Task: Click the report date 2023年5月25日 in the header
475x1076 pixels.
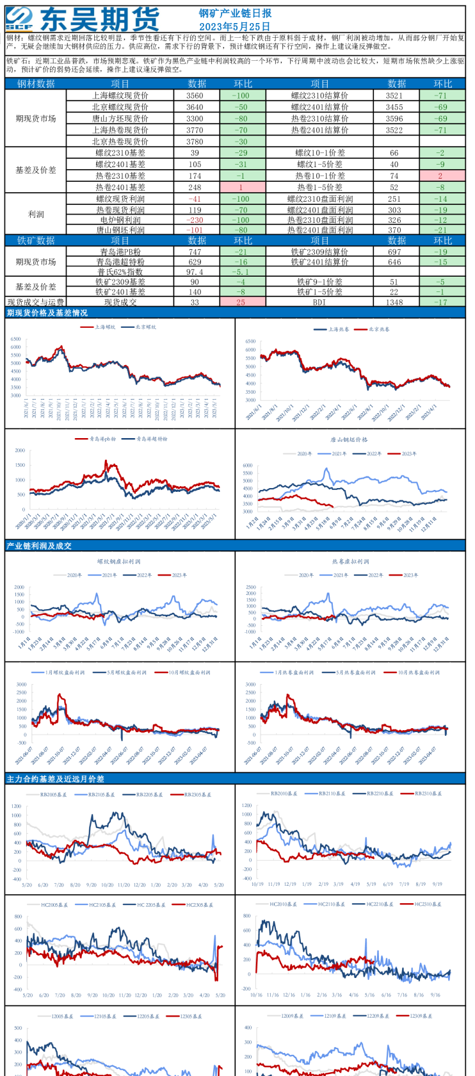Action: click(234, 26)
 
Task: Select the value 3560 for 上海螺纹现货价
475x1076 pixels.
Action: click(195, 95)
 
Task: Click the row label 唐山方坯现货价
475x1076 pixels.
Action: click(120, 118)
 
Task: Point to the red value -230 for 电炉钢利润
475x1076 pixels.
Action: click(195, 220)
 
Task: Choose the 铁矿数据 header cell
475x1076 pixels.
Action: click(36, 240)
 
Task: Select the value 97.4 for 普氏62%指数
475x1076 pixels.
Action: click(195, 272)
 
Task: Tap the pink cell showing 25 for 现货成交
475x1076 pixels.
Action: click(243, 302)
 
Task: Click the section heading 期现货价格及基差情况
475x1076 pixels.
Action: click(47, 313)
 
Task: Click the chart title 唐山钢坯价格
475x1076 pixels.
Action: click(349, 439)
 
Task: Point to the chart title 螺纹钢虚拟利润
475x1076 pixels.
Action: click(119, 561)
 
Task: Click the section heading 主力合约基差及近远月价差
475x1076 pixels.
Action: click(55, 779)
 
